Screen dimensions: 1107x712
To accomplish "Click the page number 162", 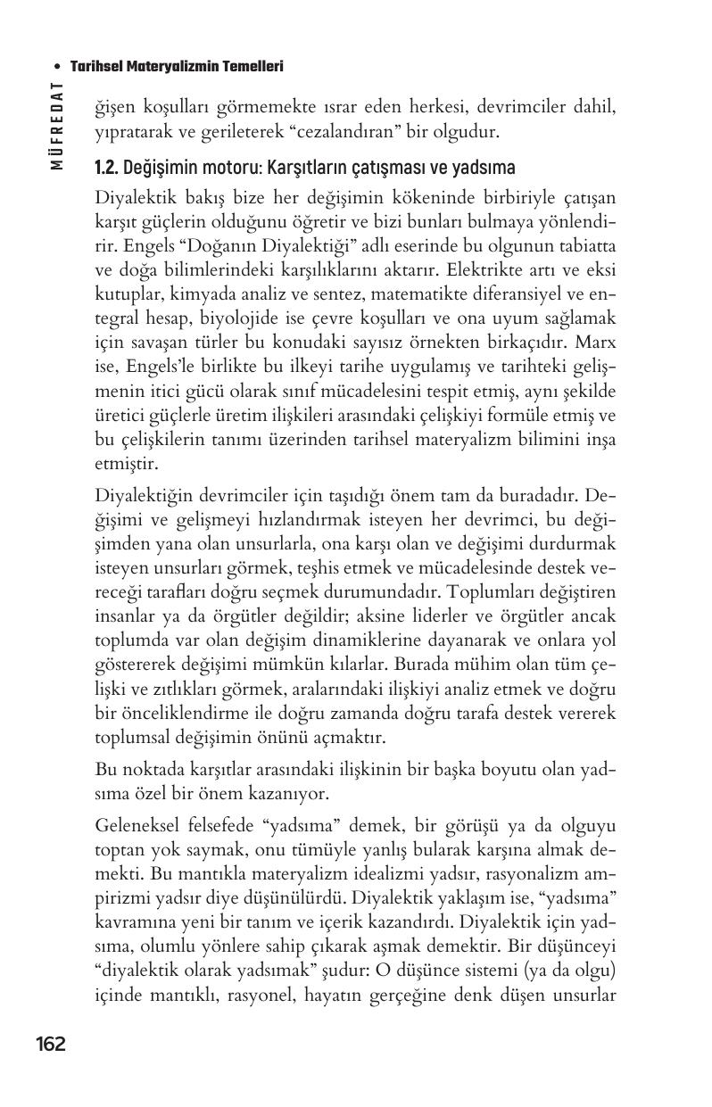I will tap(51, 1044).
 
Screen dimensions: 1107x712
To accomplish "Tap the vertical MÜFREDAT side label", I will tap(56, 125).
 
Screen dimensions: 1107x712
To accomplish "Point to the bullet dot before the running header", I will tap(57, 66).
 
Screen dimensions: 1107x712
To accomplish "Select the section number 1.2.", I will tap(106, 169).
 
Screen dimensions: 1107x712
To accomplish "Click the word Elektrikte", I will tap(484, 268).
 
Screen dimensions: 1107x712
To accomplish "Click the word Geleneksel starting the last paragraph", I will tap(136, 825).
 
